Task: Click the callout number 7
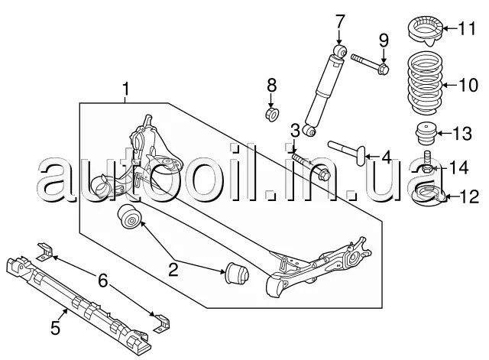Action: (x=339, y=22)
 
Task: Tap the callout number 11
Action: (x=467, y=28)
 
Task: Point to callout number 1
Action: (x=125, y=89)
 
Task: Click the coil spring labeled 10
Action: (x=425, y=84)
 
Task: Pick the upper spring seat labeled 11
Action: (x=426, y=31)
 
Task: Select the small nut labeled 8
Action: (x=272, y=114)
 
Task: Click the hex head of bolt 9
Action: (x=384, y=70)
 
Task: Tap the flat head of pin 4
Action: (x=361, y=156)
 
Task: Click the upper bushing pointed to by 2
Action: (x=129, y=217)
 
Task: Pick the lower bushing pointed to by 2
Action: (x=237, y=274)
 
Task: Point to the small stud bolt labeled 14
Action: (x=428, y=162)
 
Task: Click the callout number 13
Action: (x=462, y=133)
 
